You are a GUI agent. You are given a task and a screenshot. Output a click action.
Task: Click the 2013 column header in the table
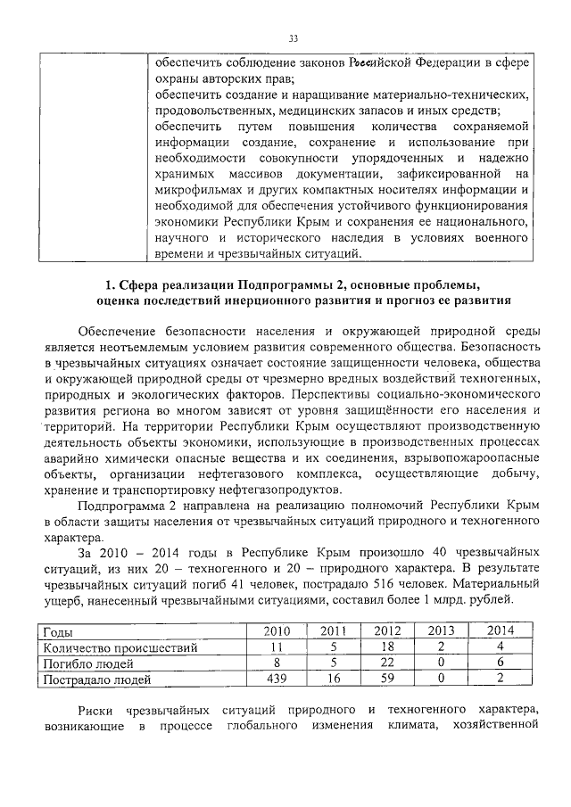(x=441, y=631)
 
